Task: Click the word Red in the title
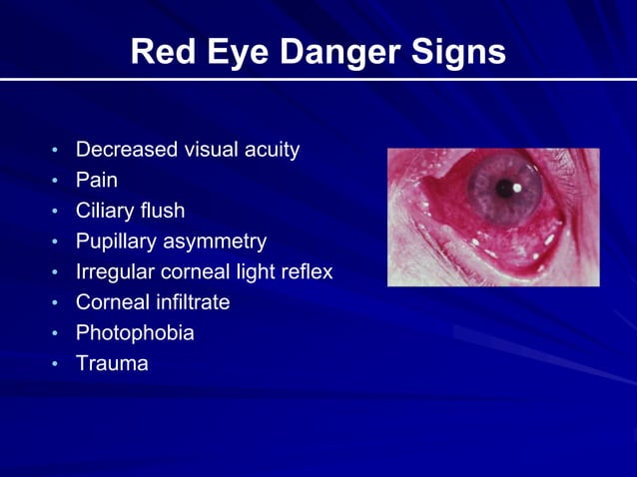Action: pos(164,52)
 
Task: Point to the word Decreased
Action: pos(126,151)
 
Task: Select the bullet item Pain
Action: pos(97,181)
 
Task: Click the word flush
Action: pos(165,212)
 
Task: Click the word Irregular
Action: pos(116,272)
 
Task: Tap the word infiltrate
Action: pos(190,302)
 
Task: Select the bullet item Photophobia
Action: pos(135,333)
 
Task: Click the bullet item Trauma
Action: pos(112,363)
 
